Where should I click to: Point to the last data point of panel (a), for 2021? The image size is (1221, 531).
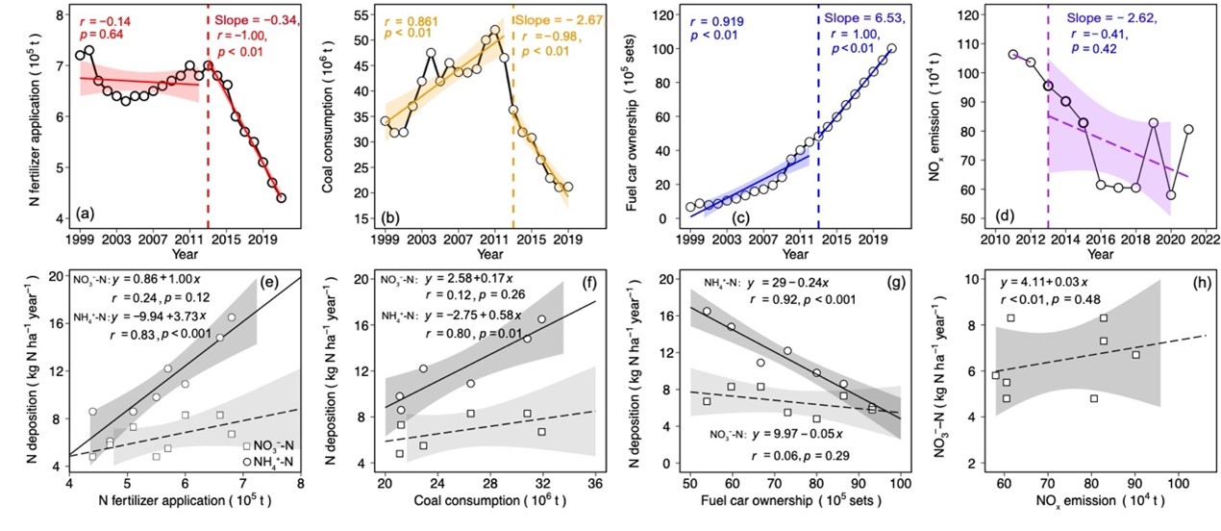point(281,198)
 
